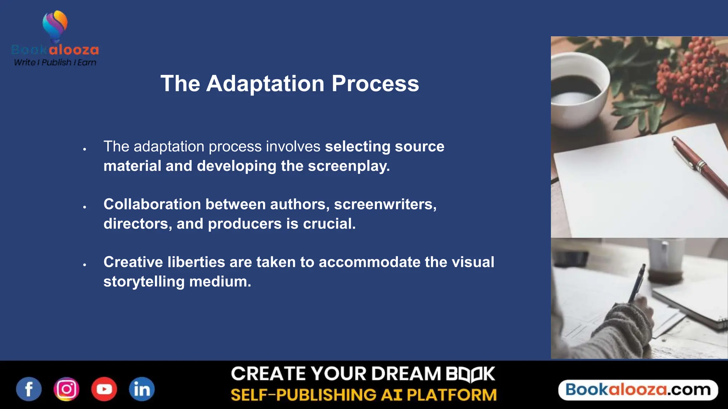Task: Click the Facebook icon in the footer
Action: click(29, 389)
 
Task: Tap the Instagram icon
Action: click(66, 389)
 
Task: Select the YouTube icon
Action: click(104, 389)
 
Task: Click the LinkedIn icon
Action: click(142, 389)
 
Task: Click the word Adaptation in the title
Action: click(265, 84)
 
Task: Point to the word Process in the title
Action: click(375, 84)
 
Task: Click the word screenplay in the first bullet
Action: click(348, 166)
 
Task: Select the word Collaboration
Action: click(152, 204)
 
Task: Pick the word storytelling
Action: click(144, 282)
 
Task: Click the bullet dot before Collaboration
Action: click(85, 207)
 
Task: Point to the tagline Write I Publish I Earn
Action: click(55, 62)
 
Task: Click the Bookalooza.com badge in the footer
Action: click(638, 390)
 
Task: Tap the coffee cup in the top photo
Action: click(578, 89)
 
